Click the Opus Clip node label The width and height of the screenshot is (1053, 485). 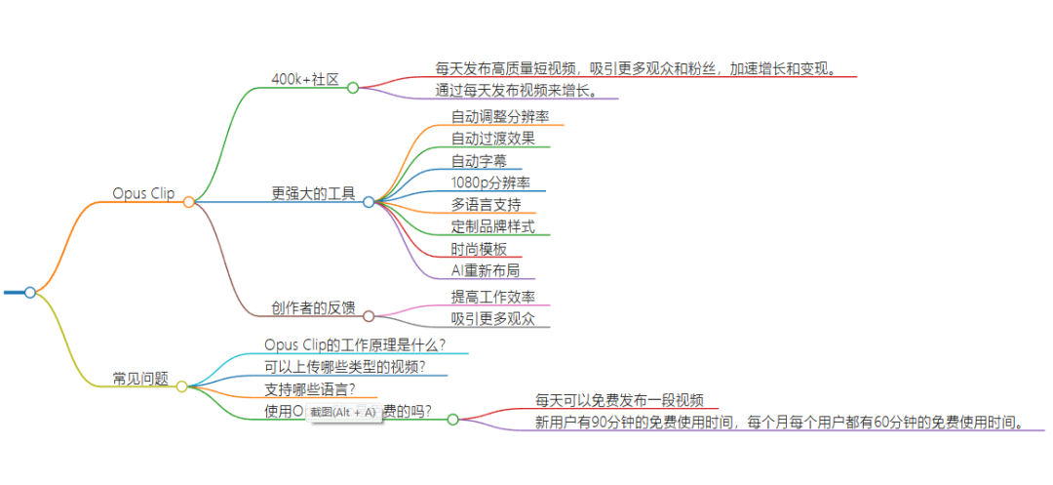[143, 193]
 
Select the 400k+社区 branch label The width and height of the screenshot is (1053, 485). [305, 79]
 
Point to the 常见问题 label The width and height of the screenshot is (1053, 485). [140, 378]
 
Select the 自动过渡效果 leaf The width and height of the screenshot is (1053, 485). [492, 139]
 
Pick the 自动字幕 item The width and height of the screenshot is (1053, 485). [479, 160]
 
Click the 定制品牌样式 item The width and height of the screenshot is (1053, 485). [492, 227]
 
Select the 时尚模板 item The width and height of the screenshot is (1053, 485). [479, 249]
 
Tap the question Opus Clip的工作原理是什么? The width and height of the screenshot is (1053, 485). [355, 344]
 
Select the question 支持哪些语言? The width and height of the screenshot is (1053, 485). [309, 388]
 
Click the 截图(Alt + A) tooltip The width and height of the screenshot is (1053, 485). [342, 412]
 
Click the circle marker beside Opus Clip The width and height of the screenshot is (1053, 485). [189, 202]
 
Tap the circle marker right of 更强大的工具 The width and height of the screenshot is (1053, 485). [369, 202]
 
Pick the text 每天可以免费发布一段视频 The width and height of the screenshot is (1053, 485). [619, 400]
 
